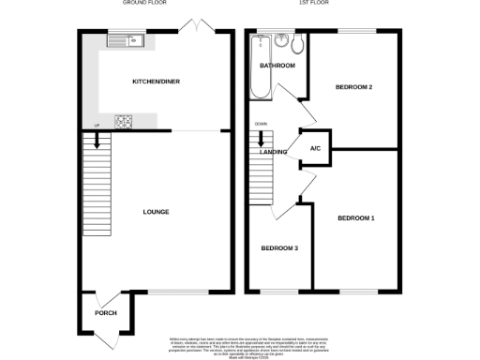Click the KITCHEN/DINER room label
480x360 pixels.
point(156,82)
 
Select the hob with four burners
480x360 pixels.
point(123,120)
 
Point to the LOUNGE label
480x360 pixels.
point(156,212)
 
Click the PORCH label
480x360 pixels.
point(105,312)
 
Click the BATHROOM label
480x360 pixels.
point(277,66)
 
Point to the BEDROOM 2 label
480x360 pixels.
point(354,87)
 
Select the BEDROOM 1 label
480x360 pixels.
point(356,218)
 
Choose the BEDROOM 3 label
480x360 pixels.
point(279,248)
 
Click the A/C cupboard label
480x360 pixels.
point(316,148)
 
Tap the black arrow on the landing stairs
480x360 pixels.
point(262,139)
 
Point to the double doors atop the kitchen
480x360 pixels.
point(195,22)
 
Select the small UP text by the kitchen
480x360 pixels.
point(96,127)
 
